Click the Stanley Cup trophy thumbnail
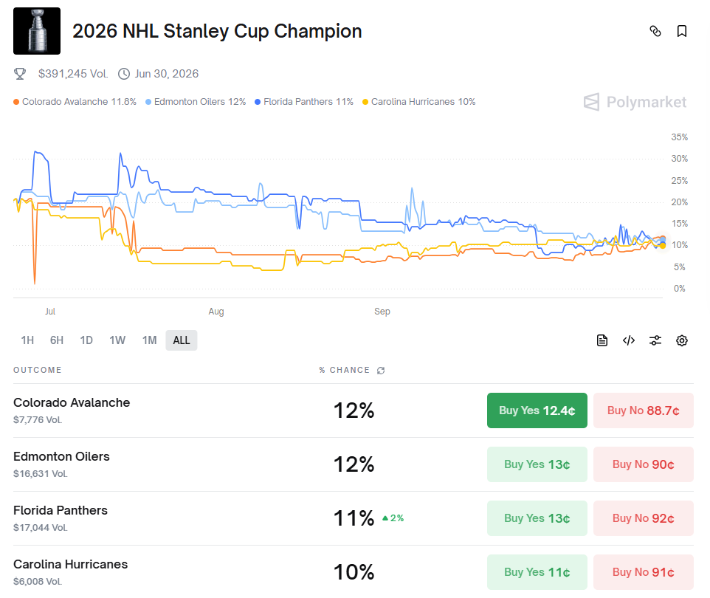coord(37,31)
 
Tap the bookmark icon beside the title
coord(682,31)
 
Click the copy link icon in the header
coord(655,31)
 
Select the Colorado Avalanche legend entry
coord(75,102)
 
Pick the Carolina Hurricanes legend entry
coord(418,102)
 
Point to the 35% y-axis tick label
coord(679,137)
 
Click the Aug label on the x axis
coord(216,312)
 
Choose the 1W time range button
coord(117,340)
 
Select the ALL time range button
coord(182,340)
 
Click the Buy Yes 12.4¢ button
coord(537,410)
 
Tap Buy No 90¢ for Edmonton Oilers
coord(643,464)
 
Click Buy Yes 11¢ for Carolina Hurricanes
coord(537,572)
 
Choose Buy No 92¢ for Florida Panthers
coord(643,518)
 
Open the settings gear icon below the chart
coord(682,340)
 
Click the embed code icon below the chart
coord(629,340)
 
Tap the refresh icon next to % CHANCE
coord(381,370)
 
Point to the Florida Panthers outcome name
coord(61,510)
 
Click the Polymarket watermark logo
coord(635,102)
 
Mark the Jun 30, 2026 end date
coord(166,74)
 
